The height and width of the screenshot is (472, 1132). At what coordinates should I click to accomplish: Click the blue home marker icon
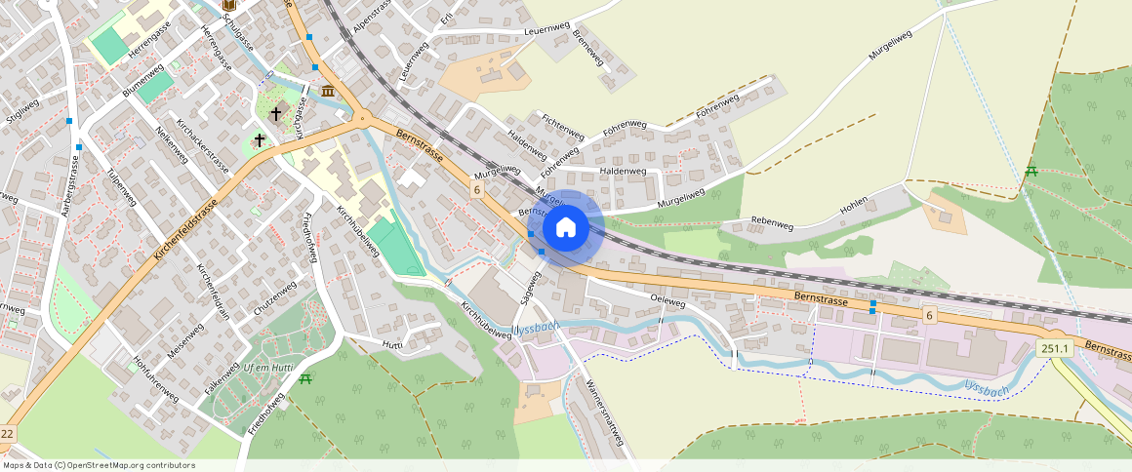[x=565, y=228]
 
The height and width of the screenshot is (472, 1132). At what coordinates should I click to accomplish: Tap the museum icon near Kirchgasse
[x=327, y=91]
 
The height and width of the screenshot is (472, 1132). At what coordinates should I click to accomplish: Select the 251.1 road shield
[x=1055, y=348]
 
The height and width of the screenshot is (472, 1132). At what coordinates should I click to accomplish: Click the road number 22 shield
[x=8, y=433]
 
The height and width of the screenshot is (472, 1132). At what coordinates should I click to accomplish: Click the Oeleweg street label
[x=667, y=300]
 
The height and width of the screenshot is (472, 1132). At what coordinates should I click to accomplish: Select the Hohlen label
[x=853, y=206]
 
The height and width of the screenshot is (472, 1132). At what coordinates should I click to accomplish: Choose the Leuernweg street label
[x=546, y=31]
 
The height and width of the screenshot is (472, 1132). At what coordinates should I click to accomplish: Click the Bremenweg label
[x=589, y=48]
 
